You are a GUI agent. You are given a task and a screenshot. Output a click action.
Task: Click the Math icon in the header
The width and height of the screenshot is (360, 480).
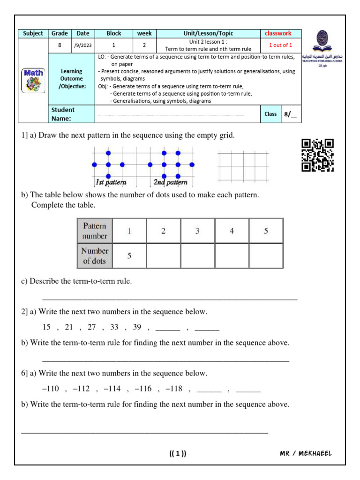(x=33, y=80)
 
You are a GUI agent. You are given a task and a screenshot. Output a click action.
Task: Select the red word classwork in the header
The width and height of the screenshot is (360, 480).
(x=278, y=33)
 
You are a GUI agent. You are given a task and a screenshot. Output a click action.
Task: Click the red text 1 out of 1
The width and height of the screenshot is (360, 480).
(x=280, y=45)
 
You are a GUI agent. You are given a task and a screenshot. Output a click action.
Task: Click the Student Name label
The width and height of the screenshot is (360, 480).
(x=63, y=114)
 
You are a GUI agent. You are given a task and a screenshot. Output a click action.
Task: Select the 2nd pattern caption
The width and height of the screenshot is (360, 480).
(x=170, y=182)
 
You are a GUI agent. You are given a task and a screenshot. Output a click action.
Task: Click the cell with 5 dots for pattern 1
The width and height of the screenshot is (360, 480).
(x=129, y=256)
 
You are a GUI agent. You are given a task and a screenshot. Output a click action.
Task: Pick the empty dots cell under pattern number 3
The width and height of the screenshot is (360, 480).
(x=197, y=256)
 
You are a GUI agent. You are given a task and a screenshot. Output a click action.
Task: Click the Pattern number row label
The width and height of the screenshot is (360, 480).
(x=95, y=231)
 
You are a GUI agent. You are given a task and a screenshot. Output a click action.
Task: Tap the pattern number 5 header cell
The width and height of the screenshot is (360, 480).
(x=266, y=231)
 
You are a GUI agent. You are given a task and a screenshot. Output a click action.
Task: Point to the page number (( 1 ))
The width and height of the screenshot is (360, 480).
(x=178, y=453)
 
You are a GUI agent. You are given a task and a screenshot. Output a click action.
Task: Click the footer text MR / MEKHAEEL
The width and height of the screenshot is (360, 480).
(x=305, y=453)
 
